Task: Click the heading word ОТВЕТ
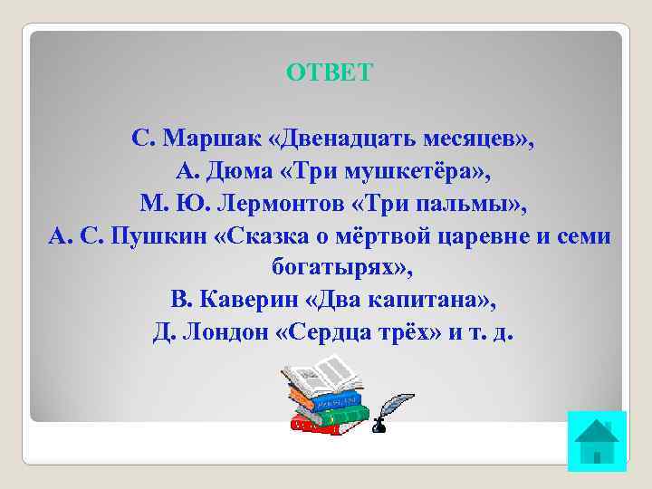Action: [x=329, y=72]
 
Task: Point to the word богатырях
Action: [x=331, y=269]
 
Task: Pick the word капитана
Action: [x=429, y=300]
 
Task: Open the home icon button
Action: [x=597, y=441]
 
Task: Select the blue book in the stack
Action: [x=329, y=399]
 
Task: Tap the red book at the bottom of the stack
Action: [x=326, y=426]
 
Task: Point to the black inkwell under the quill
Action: [x=379, y=424]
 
